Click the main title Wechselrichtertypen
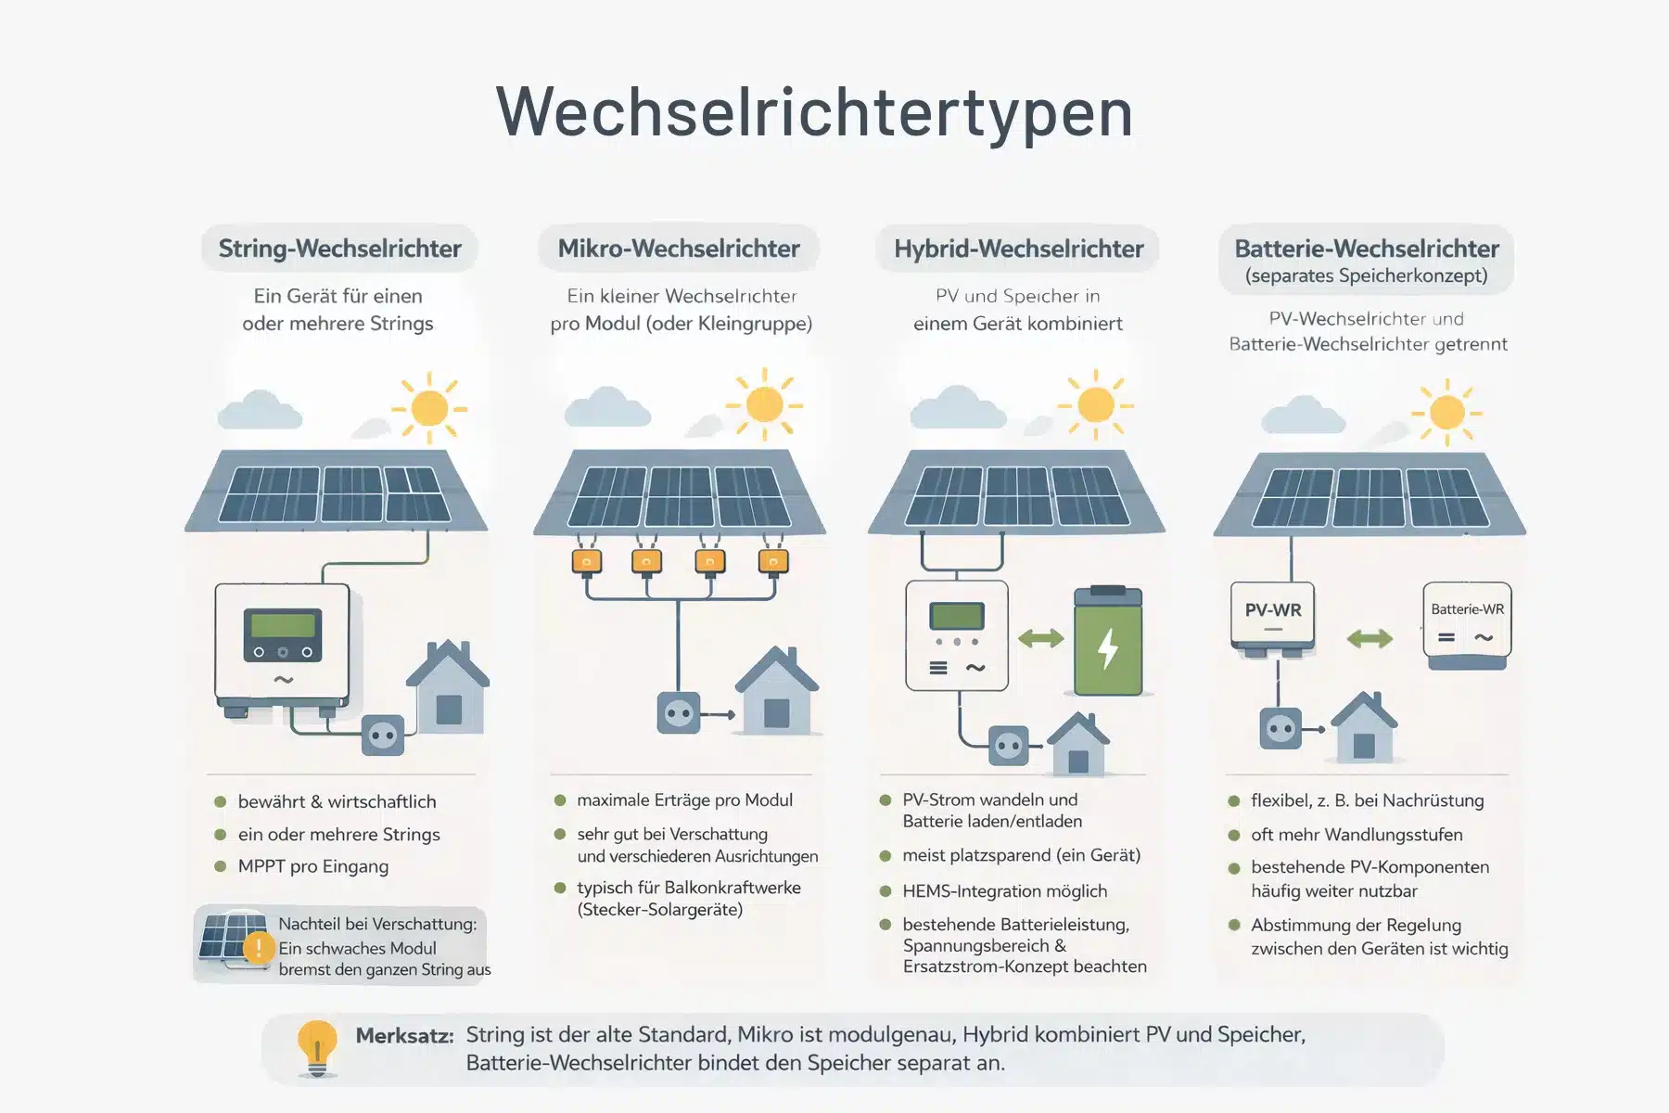(x=814, y=112)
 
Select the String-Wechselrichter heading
(x=339, y=249)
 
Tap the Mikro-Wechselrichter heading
(x=678, y=249)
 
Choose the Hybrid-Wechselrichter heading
(x=1018, y=249)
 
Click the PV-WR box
(x=1273, y=613)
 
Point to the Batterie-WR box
(x=1467, y=621)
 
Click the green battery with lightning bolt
(x=1107, y=642)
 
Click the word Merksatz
(x=404, y=1036)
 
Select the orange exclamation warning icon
(x=258, y=947)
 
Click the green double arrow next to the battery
(x=1040, y=638)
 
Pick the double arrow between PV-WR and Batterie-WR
(x=1370, y=638)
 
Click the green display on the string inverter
(x=283, y=624)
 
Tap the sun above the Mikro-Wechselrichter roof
(x=764, y=404)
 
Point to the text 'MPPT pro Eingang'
(x=312, y=866)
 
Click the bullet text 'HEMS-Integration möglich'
(x=1004, y=891)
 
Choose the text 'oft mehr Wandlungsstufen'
(x=1356, y=835)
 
